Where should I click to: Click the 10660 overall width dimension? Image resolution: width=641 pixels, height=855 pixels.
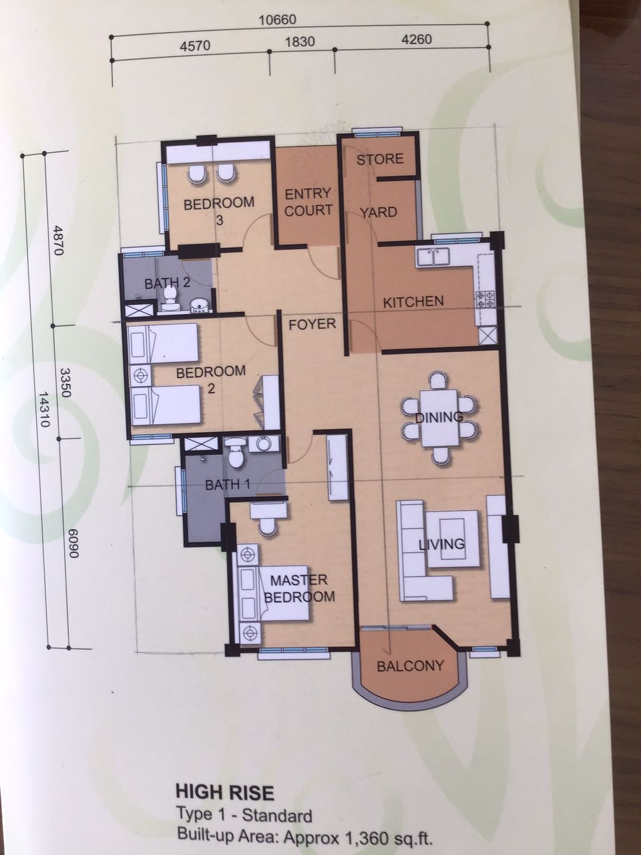278,20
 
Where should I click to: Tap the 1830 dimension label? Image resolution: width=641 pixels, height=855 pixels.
300,41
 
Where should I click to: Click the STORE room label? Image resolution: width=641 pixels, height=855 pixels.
380,160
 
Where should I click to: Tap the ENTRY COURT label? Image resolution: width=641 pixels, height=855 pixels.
308,202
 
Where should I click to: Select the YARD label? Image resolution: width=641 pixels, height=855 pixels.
378,212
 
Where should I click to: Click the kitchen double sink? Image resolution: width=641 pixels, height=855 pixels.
433,257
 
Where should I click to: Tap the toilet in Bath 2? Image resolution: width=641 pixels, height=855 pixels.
170,299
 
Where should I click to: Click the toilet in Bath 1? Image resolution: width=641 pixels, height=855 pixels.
236,452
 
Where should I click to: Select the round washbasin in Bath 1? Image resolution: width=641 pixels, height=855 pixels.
264,444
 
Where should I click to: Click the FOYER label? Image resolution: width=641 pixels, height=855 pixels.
312,324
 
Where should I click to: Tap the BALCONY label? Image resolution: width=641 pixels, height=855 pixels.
411,666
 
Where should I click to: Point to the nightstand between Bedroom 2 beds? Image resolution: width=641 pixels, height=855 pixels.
140,375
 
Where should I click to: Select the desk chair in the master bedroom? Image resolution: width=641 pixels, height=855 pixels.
268,526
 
